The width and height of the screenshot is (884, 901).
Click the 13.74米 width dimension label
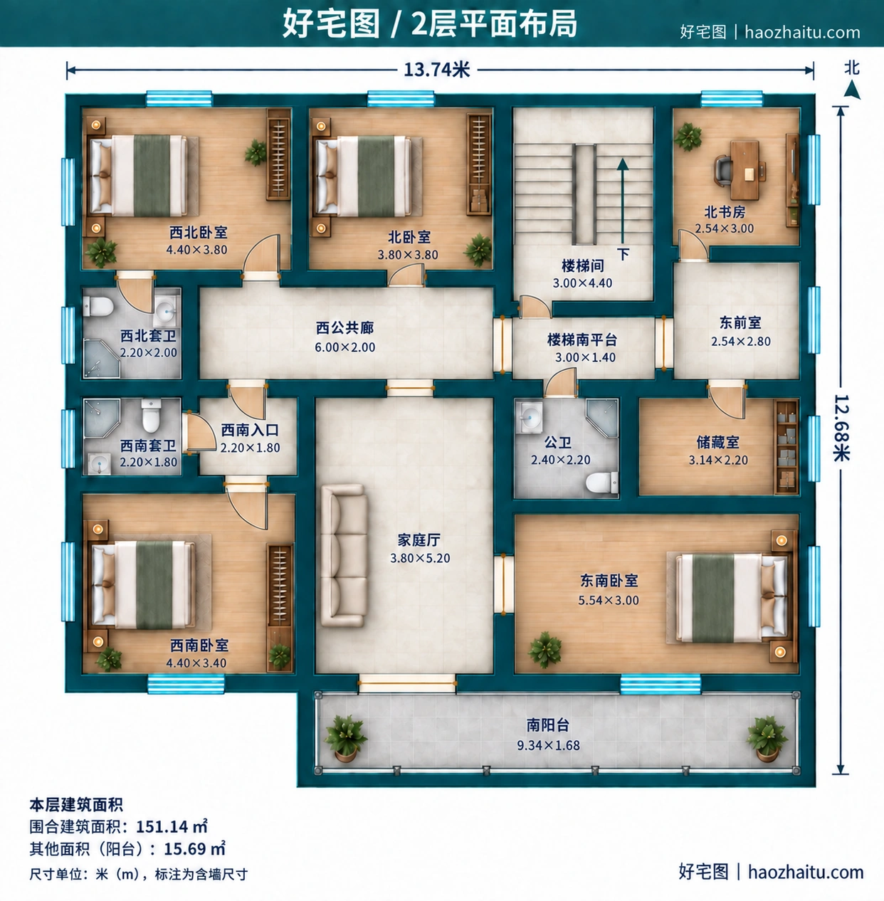pos(436,70)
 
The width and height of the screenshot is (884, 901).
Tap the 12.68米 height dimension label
pos(841,428)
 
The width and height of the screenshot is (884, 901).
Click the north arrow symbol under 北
pos(852,89)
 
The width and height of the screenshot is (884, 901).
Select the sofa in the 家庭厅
pos(344,555)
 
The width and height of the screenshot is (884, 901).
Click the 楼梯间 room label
pos(583,266)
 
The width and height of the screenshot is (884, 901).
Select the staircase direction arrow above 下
pos(622,201)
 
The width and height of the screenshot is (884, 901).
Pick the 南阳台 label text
pos(548,725)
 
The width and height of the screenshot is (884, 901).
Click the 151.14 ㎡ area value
pos(172,826)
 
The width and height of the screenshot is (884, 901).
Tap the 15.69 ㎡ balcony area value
pos(194,848)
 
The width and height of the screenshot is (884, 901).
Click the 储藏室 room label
pos(718,442)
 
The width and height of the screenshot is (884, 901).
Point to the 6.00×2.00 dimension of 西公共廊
pos(344,347)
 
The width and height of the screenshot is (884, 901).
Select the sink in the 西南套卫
pos(99,464)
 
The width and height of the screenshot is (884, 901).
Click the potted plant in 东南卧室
pos(545,649)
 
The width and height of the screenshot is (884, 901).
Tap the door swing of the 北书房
pos(693,246)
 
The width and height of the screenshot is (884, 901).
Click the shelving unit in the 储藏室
pos(786,446)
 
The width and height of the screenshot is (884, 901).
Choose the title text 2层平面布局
pos(494,23)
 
